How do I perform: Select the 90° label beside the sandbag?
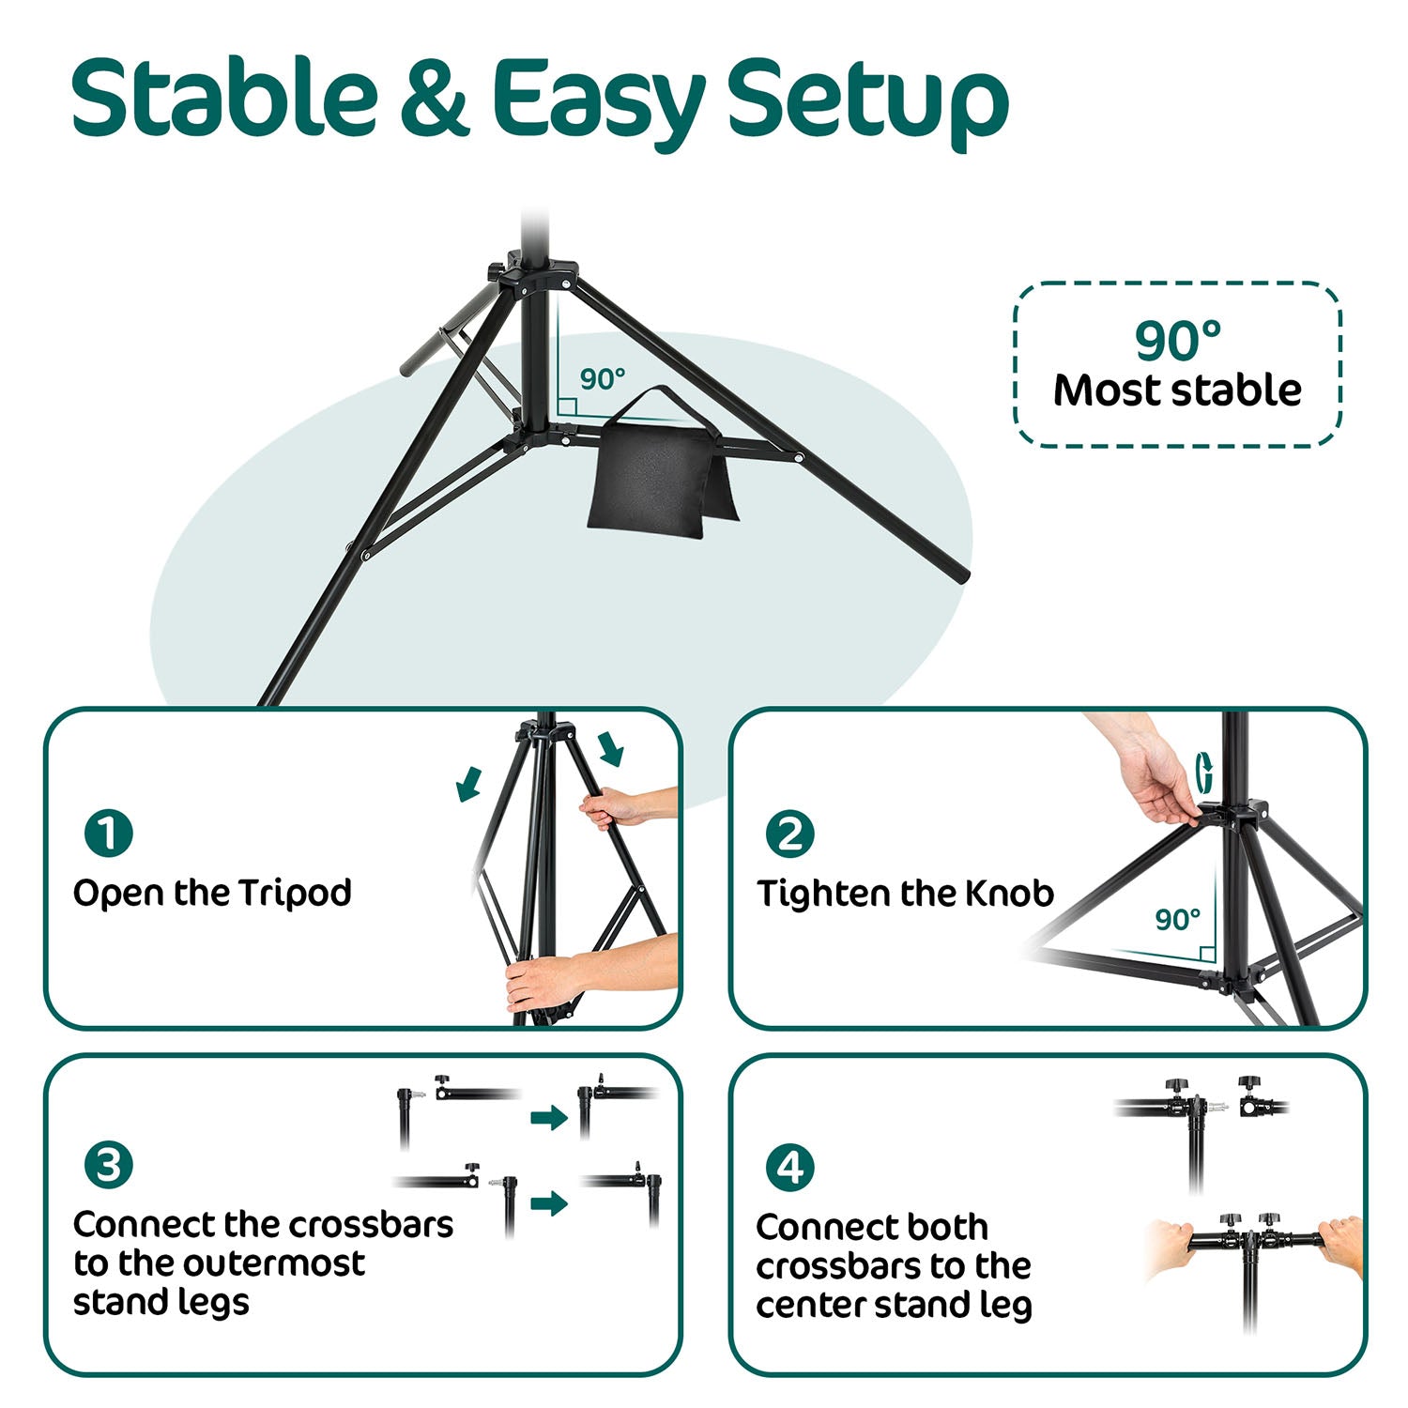pyautogui.click(x=602, y=379)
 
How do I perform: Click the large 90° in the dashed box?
pyautogui.click(x=1177, y=340)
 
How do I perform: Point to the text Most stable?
pyautogui.click(x=1177, y=390)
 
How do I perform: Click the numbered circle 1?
pyautogui.click(x=108, y=833)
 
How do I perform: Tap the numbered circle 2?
pyautogui.click(x=789, y=834)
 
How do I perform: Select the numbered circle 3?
pyautogui.click(x=108, y=1165)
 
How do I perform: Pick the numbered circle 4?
pyautogui.click(x=789, y=1168)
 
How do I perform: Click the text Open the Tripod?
pyautogui.click(x=212, y=893)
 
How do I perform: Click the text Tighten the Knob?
pyautogui.click(x=905, y=894)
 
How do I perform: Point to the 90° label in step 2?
pyautogui.click(x=1177, y=919)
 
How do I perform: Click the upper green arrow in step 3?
pyautogui.click(x=549, y=1117)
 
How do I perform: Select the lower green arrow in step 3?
pyautogui.click(x=549, y=1202)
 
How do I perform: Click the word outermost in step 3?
pyautogui.click(x=273, y=1263)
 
